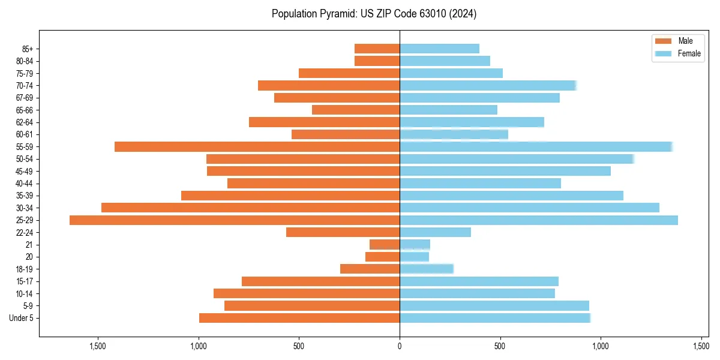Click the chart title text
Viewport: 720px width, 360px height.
(374, 14)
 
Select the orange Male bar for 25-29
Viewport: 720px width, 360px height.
(235, 220)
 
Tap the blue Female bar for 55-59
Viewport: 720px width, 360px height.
(536, 146)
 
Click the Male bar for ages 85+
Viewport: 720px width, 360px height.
(377, 49)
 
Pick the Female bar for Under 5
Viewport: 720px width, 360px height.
(495, 318)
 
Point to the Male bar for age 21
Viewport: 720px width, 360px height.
(385, 245)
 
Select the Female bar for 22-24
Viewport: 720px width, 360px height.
(435, 232)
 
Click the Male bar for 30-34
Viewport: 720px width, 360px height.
(250, 208)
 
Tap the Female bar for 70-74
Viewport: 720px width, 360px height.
(488, 85)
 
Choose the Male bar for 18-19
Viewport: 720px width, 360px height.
(370, 269)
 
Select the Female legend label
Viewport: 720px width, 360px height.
(689, 53)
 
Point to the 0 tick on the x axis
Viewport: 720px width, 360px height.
(400, 346)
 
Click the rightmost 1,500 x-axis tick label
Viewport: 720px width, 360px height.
(701, 346)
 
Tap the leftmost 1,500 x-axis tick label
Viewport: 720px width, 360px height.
(98, 346)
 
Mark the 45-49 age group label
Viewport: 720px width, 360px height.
(24, 171)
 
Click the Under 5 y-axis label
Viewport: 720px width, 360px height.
(21, 318)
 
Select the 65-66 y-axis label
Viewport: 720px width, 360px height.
(24, 110)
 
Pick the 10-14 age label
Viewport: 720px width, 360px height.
(24, 293)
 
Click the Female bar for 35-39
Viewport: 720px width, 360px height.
(511, 196)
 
